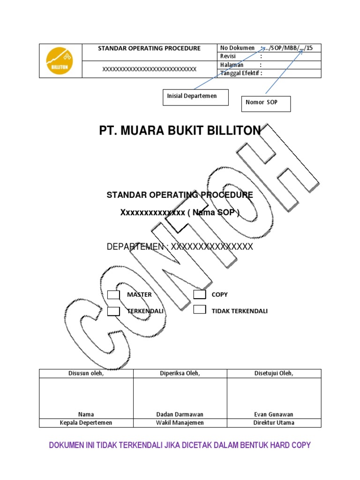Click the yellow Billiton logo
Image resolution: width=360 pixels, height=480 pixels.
(60, 61)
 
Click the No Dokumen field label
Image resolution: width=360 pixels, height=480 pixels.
(237, 48)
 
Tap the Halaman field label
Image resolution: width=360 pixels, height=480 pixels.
(231, 65)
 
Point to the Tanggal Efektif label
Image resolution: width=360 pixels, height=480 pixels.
(240, 73)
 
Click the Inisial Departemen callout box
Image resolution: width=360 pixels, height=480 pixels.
(195, 97)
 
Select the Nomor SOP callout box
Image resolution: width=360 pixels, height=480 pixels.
(266, 103)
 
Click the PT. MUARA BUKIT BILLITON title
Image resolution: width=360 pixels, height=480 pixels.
(180, 131)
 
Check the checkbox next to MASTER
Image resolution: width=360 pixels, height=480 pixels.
(113, 295)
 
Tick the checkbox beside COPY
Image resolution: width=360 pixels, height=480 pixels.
(200, 295)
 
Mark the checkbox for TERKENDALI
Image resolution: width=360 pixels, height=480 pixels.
(113, 311)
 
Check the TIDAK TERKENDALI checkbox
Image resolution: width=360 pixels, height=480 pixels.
(200, 309)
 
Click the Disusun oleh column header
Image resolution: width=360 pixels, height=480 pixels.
(86, 373)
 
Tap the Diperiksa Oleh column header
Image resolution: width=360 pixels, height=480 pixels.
(180, 373)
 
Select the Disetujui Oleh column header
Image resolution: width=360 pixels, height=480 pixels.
(274, 373)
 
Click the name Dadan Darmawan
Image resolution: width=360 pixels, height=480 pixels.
(180, 414)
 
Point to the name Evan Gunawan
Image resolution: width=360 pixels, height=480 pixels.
(274, 414)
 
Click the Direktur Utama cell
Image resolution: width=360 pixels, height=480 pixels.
(274, 423)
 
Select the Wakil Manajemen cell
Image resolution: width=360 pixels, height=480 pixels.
(180, 423)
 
